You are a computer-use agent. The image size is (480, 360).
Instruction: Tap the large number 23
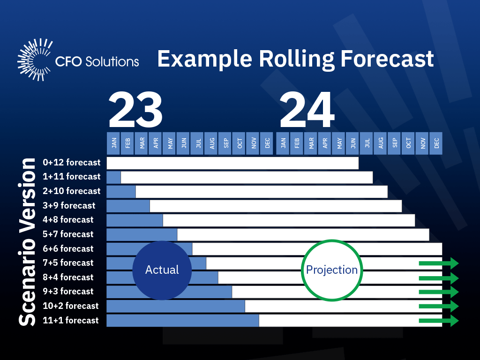(x=135, y=111)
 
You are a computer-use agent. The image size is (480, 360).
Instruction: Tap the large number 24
(x=307, y=111)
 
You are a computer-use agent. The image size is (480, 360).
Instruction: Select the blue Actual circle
(x=162, y=270)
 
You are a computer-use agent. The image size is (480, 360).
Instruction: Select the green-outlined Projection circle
(x=331, y=270)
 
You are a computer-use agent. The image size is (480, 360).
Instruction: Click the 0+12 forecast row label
(x=71, y=163)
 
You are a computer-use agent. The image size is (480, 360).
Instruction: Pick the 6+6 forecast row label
(x=68, y=248)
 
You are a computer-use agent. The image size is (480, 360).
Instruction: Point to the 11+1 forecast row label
(x=70, y=320)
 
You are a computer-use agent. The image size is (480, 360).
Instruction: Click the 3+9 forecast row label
(x=68, y=205)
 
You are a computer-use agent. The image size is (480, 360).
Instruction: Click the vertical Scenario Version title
(x=27, y=242)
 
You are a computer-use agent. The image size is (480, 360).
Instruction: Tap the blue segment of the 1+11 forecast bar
(x=113, y=177)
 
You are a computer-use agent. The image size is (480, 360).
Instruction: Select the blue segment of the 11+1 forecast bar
(x=183, y=321)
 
